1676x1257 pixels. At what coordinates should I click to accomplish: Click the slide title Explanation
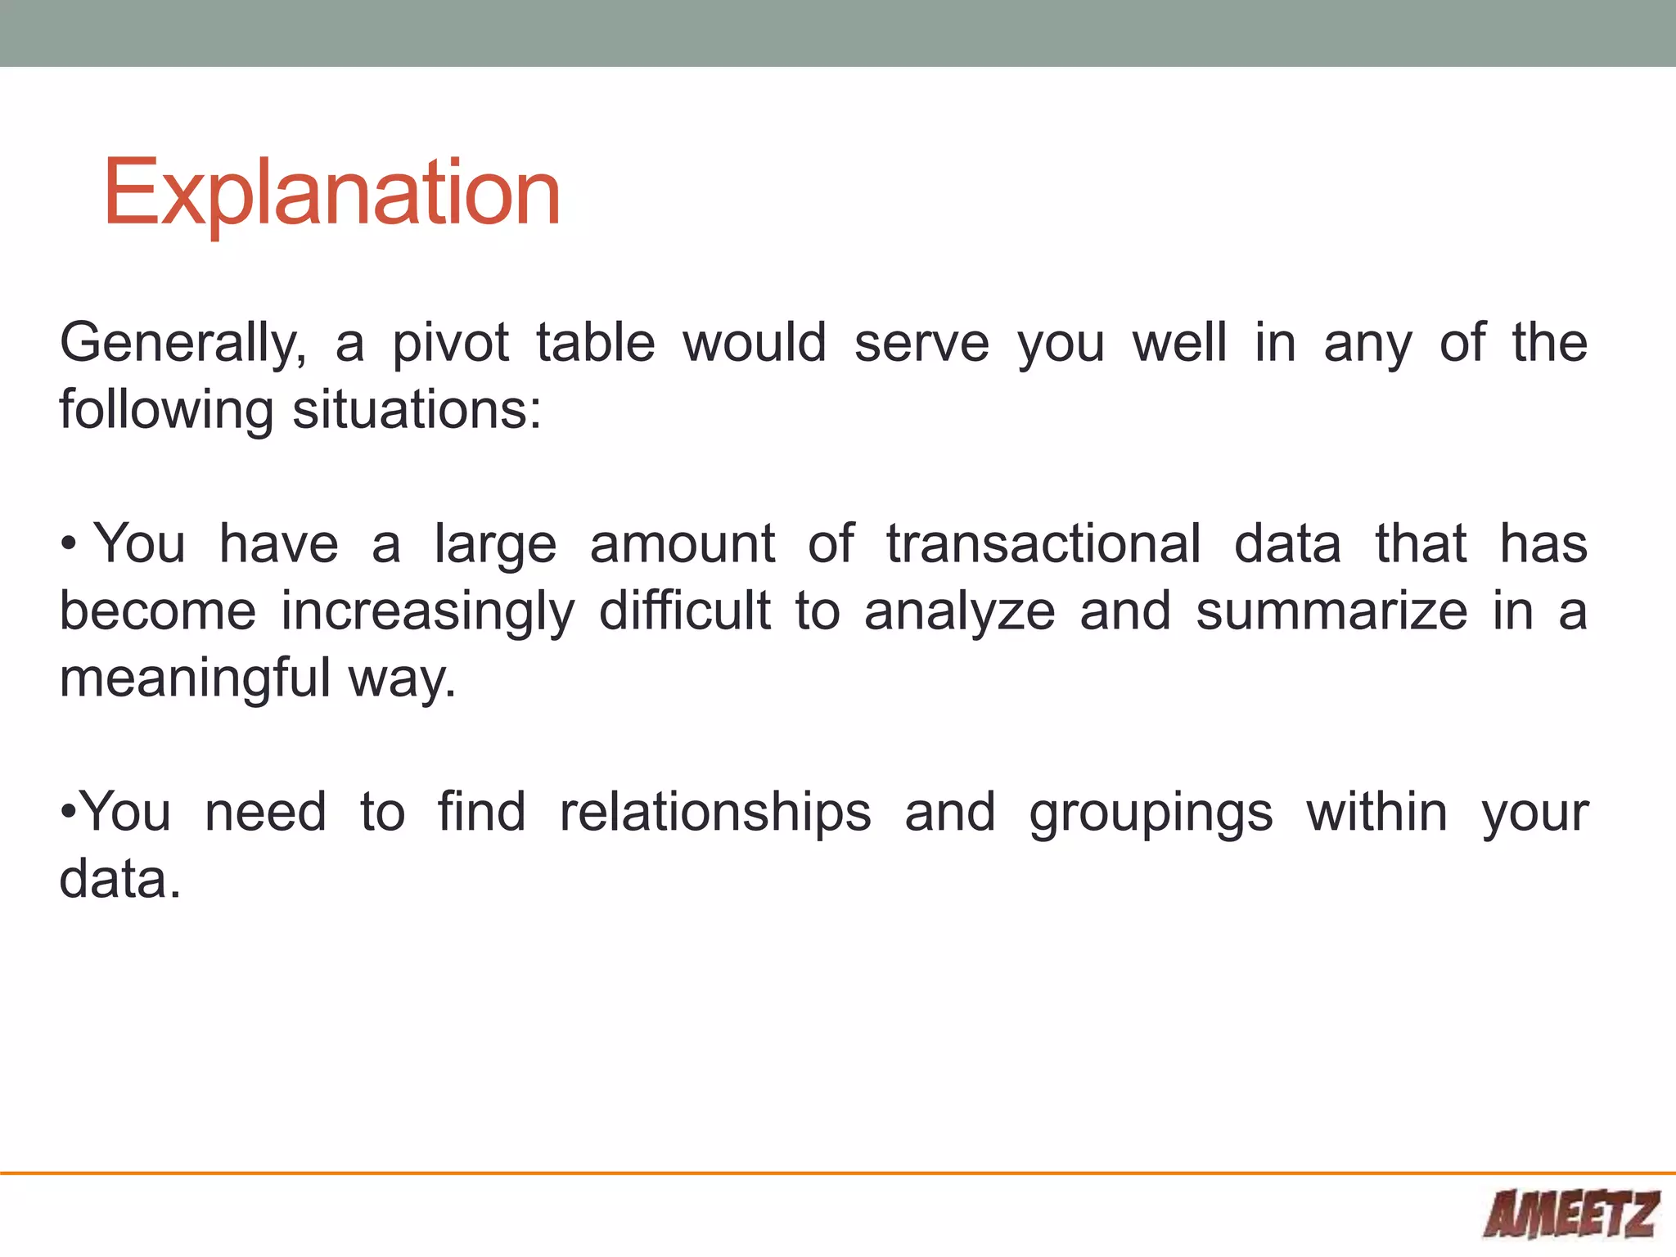pos(331,193)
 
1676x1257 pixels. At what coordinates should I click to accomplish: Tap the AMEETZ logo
pos(1571,1214)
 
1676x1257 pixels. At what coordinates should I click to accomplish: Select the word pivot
pos(450,344)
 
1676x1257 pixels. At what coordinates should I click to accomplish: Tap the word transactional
pos(1044,543)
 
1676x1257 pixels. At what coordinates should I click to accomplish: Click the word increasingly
pos(428,612)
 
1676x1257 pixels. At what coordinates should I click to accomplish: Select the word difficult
pos(684,610)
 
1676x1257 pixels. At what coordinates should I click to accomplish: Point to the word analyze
pos(959,612)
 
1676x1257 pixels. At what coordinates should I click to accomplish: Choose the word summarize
pos(1331,612)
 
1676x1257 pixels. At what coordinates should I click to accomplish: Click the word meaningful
pos(195,679)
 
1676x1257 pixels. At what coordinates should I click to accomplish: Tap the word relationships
pos(715,813)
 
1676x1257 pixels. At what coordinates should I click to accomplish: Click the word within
pos(1376,812)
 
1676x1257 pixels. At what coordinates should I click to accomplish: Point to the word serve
pos(921,344)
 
